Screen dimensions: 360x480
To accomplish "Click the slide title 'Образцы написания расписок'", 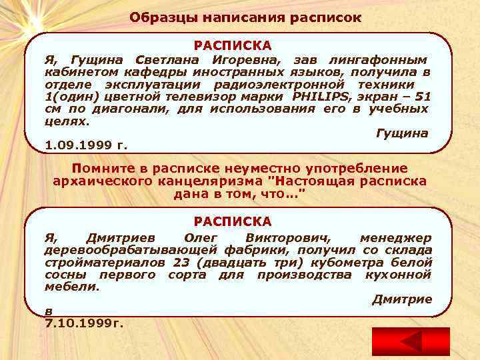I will coord(245,17).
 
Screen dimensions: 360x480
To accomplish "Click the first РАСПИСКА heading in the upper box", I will coord(233,46).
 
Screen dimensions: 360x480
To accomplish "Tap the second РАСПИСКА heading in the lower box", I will coord(233,221).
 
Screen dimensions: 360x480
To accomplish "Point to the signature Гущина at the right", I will coord(402,133).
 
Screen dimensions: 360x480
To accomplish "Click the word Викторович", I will coord(287,238).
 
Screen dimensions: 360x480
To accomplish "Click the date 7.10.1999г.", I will coord(84,323).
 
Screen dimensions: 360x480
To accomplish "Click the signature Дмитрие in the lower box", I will coord(401,299).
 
